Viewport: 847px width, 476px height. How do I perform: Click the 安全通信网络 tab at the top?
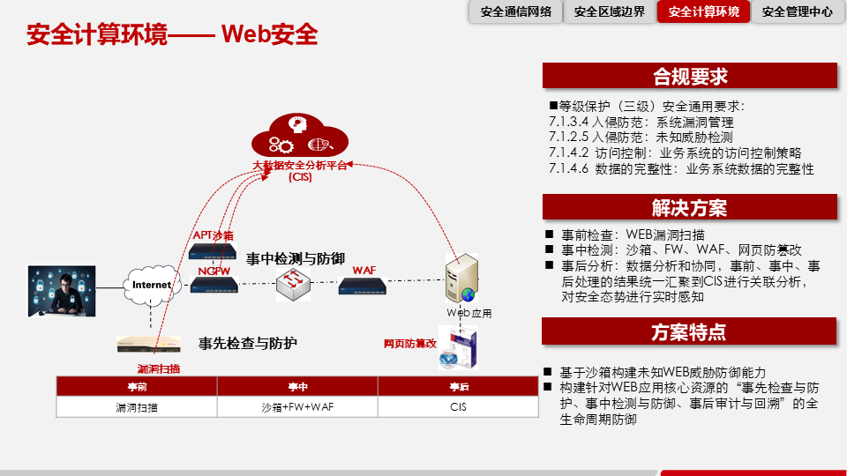point(516,12)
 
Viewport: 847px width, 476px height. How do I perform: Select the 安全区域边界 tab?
point(609,12)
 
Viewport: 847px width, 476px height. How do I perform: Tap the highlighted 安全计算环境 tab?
point(704,12)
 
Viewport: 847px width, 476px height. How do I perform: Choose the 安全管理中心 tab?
point(797,12)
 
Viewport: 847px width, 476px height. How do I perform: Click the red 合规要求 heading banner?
point(689,77)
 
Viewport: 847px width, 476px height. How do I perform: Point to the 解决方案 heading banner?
point(689,208)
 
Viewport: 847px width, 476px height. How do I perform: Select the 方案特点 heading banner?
point(689,332)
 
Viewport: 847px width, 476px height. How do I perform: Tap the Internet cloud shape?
point(152,285)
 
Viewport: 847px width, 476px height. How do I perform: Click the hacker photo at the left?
point(62,291)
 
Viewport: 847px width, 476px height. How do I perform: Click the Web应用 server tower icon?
point(464,278)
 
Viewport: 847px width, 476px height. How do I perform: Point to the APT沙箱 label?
point(213,235)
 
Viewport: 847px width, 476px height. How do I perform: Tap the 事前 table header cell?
point(137,387)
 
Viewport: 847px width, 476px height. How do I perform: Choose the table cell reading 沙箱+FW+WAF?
point(297,407)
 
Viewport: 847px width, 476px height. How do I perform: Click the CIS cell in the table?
point(458,407)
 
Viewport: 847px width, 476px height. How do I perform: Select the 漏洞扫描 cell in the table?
point(137,407)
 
